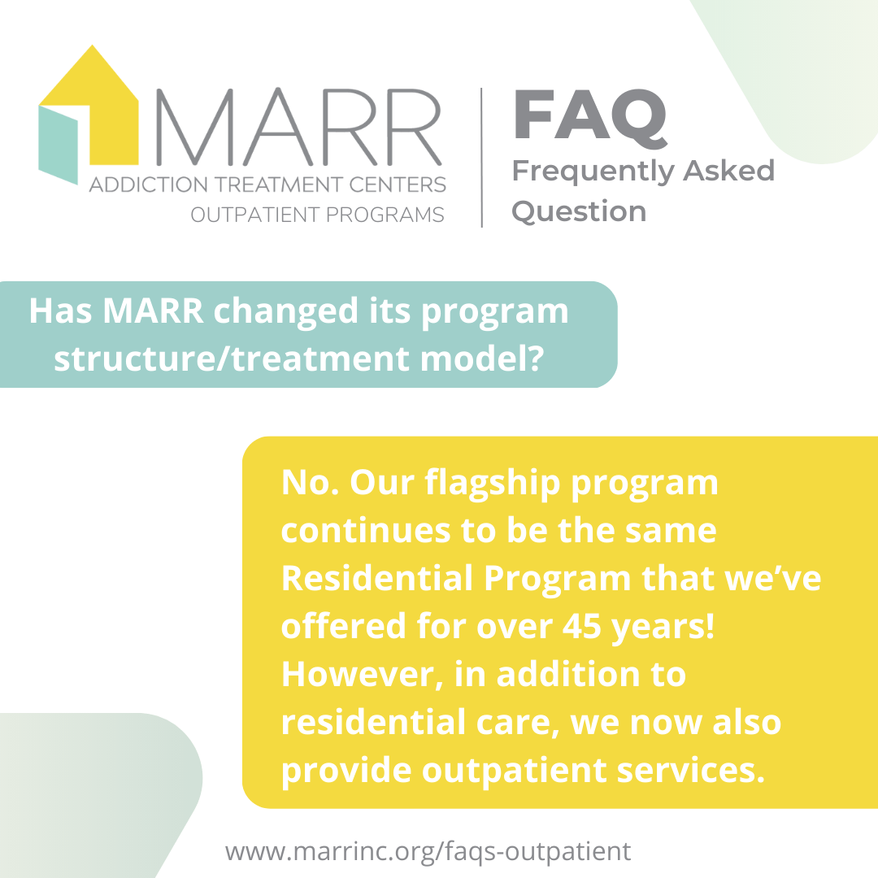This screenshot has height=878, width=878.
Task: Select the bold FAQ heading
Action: pyautogui.click(x=589, y=119)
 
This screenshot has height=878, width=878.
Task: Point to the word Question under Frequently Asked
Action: pyautogui.click(x=579, y=211)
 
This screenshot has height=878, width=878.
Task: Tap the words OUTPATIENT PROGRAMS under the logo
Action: pyautogui.click(x=317, y=215)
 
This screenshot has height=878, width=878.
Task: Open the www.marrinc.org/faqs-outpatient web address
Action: pyautogui.click(x=428, y=851)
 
